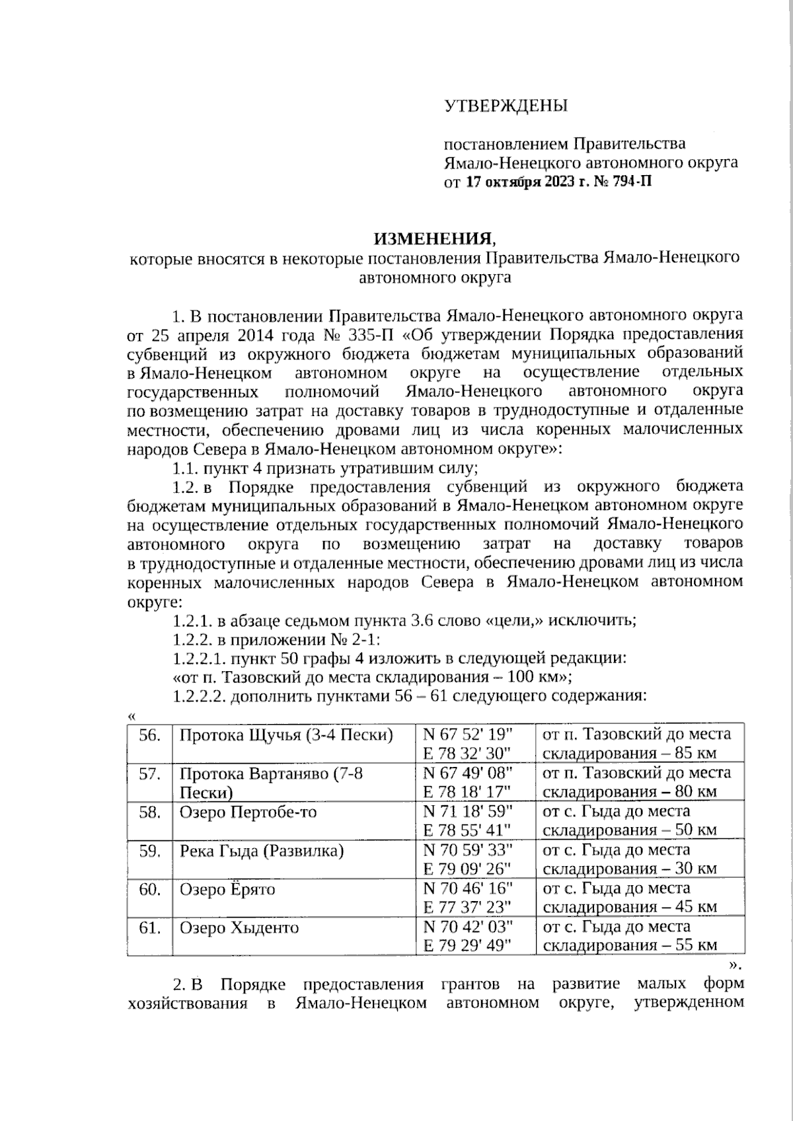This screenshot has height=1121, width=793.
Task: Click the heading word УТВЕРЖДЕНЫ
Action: (x=506, y=106)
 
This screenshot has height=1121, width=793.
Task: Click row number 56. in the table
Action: (x=150, y=735)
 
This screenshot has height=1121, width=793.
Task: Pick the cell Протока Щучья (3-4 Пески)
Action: (x=286, y=735)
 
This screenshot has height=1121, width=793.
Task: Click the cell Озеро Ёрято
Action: (x=227, y=889)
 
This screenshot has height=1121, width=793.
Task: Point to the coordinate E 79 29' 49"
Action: (x=468, y=946)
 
